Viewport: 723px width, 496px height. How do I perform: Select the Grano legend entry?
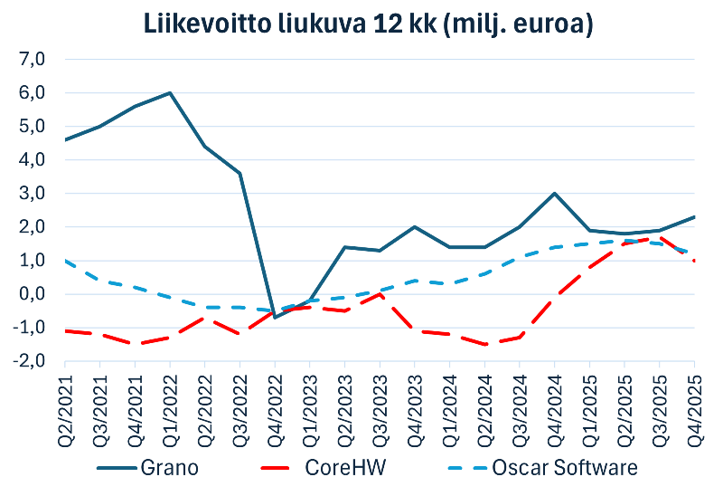click(167, 468)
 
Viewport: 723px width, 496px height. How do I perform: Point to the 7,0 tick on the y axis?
click(31, 60)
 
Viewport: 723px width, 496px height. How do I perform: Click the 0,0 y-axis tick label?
click(31, 294)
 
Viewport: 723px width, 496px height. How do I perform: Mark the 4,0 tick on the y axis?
click(31, 160)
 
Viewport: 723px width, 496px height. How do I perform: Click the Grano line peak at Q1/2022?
click(170, 92)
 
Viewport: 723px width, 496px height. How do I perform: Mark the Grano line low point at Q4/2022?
click(275, 317)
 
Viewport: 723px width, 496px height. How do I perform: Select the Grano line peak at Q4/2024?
click(554, 194)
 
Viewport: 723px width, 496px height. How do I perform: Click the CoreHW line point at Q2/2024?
click(484, 344)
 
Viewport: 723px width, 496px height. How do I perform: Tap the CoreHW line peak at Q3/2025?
click(659, 237)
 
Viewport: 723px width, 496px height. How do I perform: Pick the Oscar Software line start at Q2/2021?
click(66, 261)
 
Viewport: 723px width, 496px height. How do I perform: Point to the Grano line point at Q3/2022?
click(239, 173)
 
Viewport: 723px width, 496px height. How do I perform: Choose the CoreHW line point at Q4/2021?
click(136, 344)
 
